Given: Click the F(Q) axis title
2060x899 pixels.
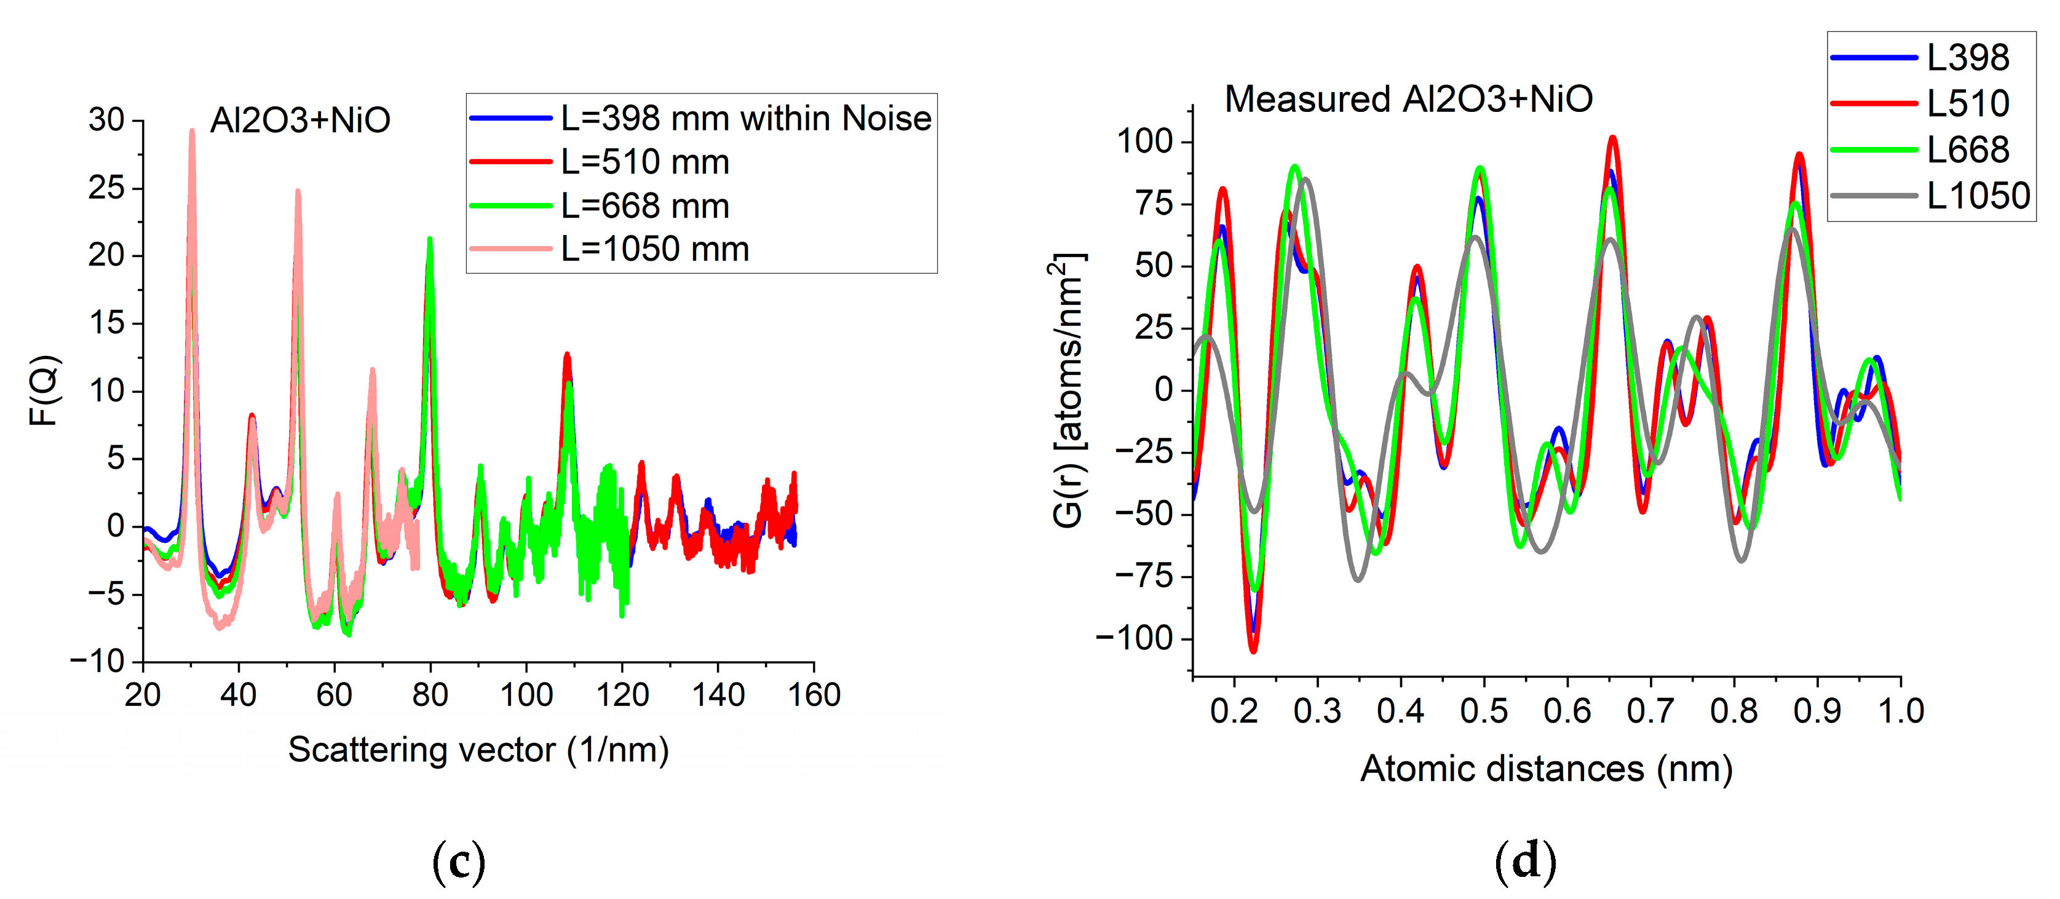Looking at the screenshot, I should coord(44,390).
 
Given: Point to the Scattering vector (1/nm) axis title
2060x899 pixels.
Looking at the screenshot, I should coord(478,750).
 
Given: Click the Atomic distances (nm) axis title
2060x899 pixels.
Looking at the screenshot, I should coord(1546,769).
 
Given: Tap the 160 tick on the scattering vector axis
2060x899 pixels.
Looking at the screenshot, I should coord(814,694).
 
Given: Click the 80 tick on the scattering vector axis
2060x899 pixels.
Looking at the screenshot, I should coord(430,694).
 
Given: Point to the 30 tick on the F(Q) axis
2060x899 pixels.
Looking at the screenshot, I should coord(106,120).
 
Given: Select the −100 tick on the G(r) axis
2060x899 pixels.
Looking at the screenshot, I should coord(1133,638).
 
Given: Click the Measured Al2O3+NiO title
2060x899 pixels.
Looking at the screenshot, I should coord(1408,99).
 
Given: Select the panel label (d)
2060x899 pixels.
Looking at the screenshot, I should coord(1525,861).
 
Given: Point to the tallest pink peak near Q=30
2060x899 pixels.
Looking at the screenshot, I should coord(192,133).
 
